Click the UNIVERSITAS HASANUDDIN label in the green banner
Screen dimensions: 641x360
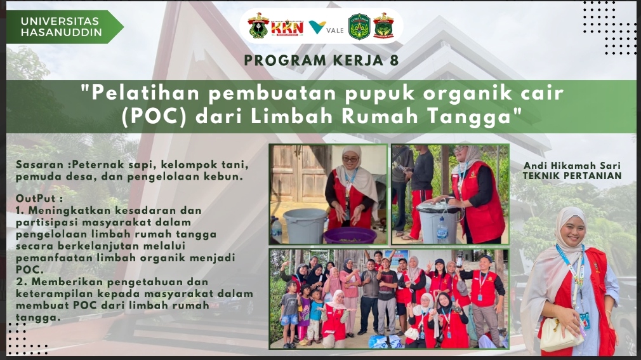click(x=62, y=27)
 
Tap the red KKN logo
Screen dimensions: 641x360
click(x=287, y=27)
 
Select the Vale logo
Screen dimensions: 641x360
click(x=326, y=28)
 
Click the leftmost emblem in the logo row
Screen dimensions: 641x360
click(x=258, y=25)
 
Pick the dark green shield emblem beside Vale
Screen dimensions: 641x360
click(x=359, y=27)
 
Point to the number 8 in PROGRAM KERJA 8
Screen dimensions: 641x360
click(x=393, y=60)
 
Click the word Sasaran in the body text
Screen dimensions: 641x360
click(x=39, y=165)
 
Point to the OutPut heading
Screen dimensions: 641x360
click(x=39, y=198)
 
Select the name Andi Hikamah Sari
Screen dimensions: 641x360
click(x=572, y=166)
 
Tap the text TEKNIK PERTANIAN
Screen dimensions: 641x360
click(x=572, y=176)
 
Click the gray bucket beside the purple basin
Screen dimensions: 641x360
click(x=305, y=225)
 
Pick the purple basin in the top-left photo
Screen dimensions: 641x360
click(x=350, y=236)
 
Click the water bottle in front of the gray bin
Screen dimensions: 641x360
click(x=442, y=229)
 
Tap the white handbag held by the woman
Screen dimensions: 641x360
click(x=560, y=334)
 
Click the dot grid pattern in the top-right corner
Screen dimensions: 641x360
click(x=609, y=28)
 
